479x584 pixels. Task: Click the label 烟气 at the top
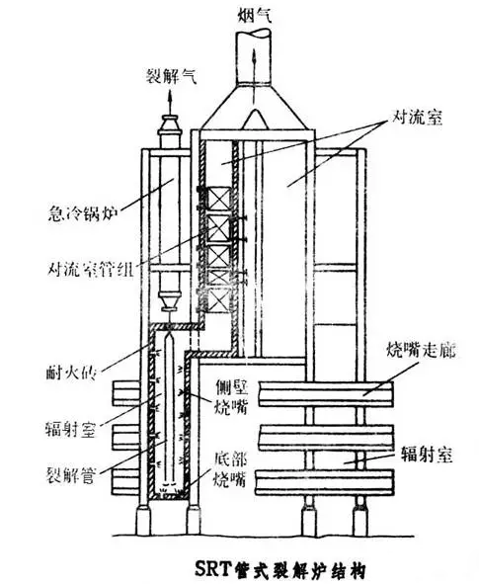[254, 17]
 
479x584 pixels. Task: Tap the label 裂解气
[171, 78]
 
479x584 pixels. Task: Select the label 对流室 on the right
[418, 119]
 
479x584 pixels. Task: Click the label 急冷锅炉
[83, 214]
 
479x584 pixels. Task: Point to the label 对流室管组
[91, 269]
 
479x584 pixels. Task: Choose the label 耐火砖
[72, 373]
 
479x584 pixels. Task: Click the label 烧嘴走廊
[421, 351]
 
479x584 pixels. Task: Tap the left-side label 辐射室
[70, 429]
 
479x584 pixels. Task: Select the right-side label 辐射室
[427, 455]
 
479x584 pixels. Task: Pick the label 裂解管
[71, 475]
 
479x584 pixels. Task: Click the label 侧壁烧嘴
[231, 397]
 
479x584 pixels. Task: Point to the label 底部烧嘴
[230, 470]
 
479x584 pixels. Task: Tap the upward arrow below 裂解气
[170, 103]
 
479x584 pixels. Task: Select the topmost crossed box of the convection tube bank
[218, 198]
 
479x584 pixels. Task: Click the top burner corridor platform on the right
[326, 393]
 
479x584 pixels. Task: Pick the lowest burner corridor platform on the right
[324, 482]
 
